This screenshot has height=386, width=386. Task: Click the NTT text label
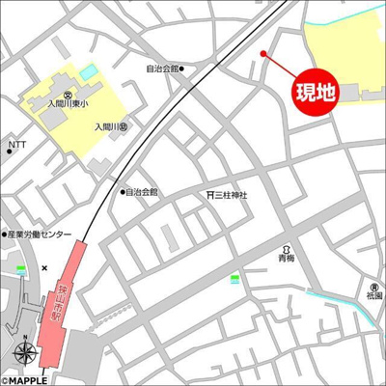pos(17,146)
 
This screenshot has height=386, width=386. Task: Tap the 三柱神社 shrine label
pos(231,195)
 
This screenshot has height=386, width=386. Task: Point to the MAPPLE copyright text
pos(25,376)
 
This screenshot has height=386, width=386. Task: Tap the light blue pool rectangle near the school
pos(89,72)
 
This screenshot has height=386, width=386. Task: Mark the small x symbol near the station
pos(44,267)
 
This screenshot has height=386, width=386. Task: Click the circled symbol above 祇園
pos(373,287)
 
